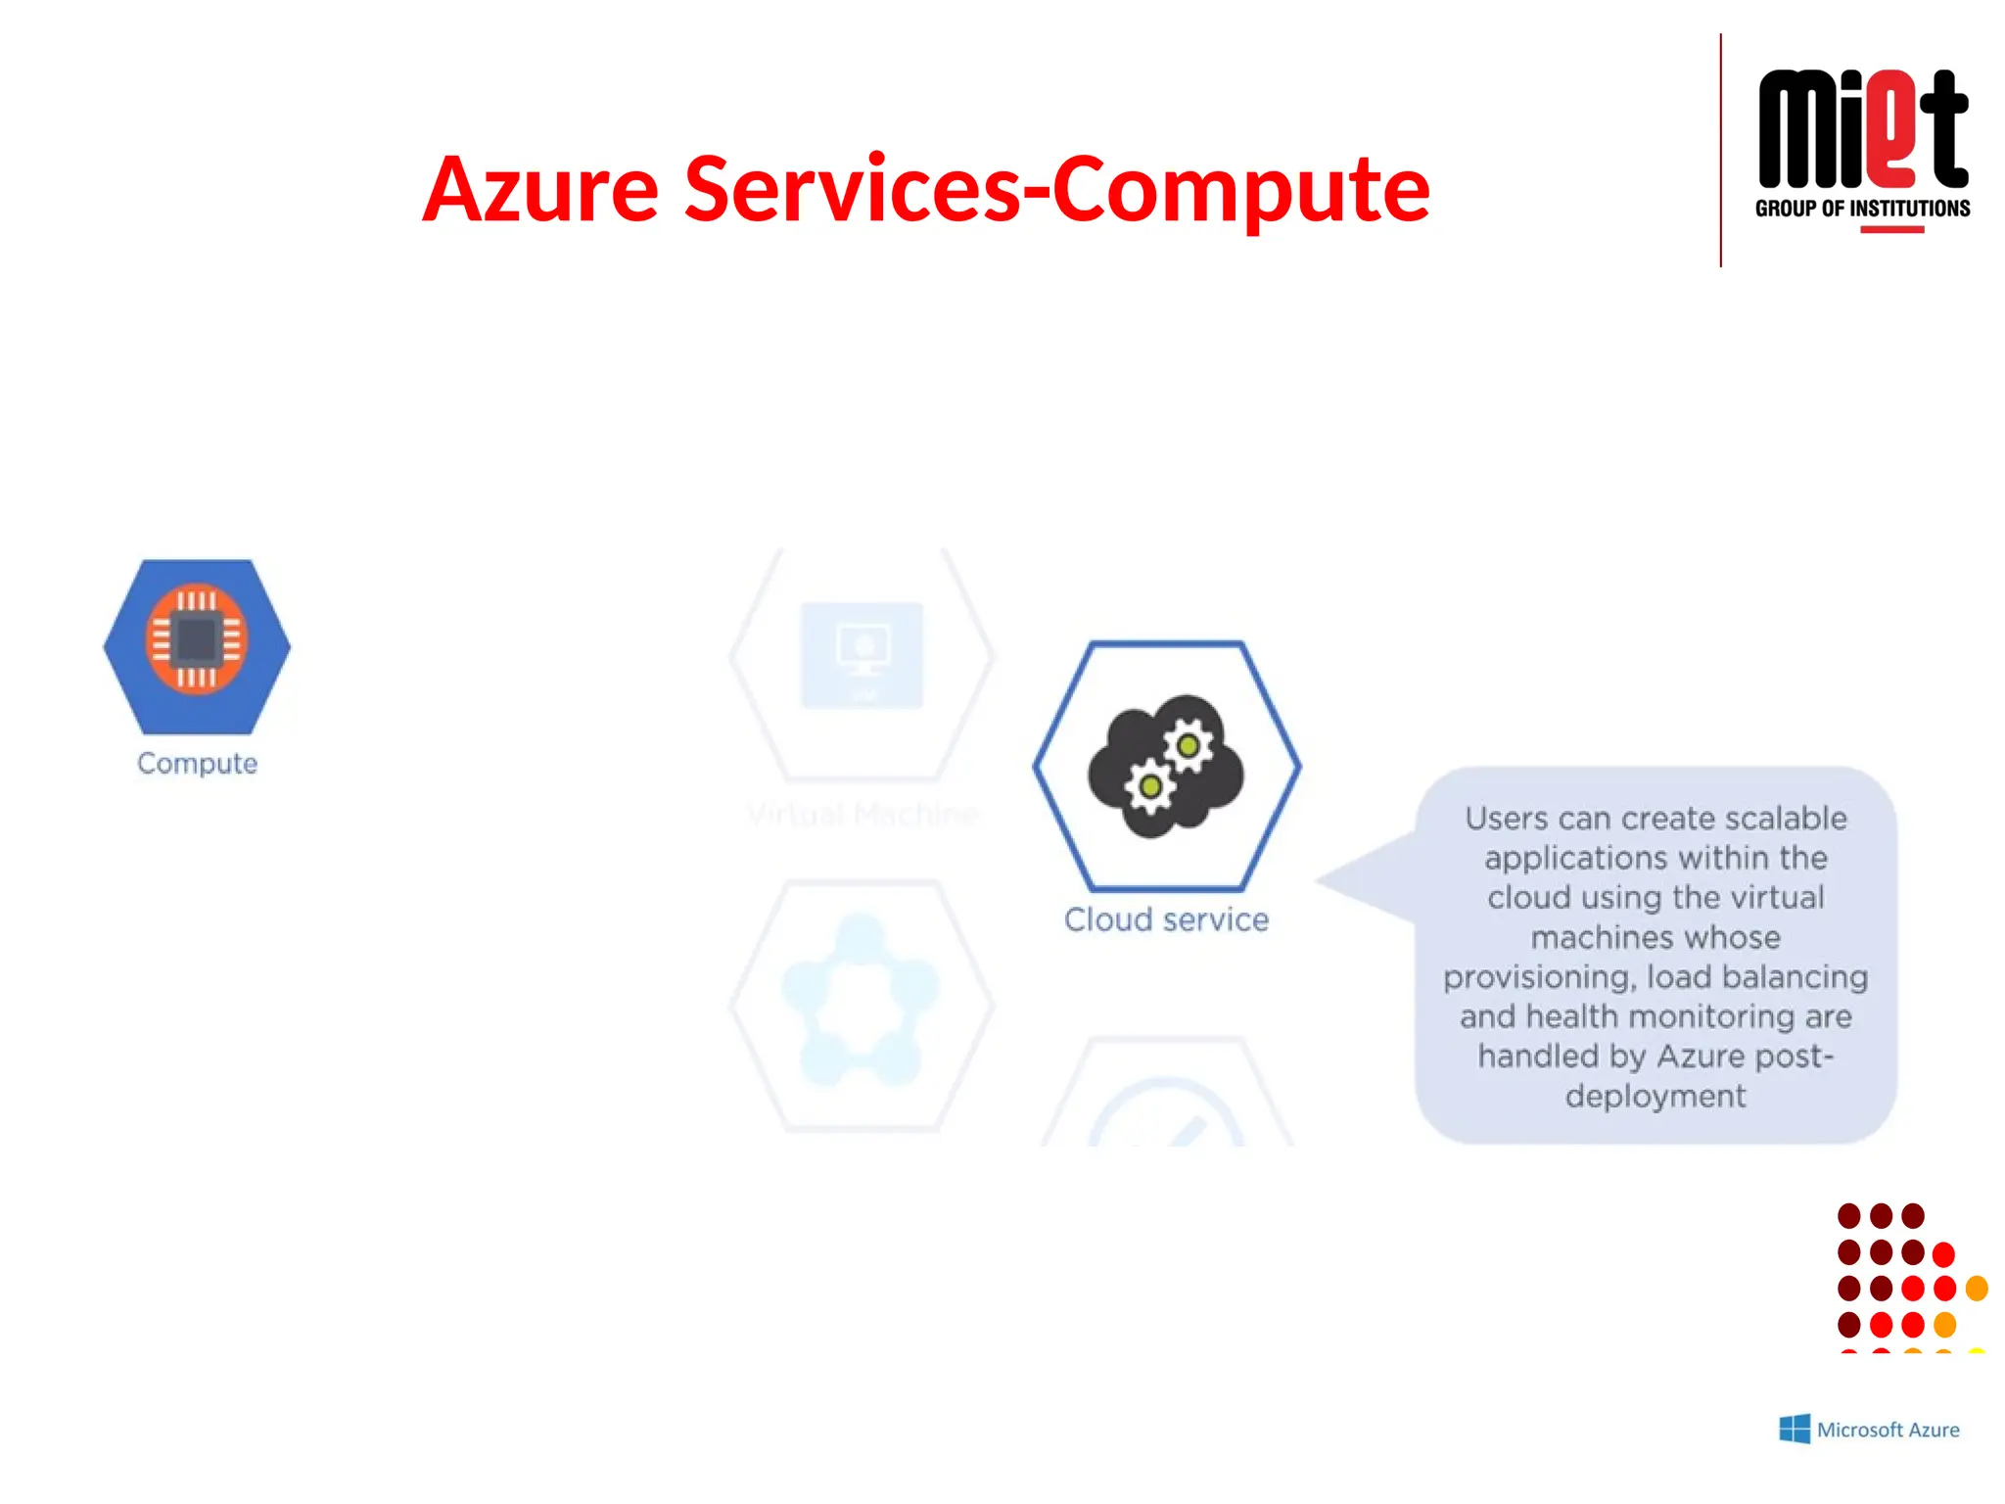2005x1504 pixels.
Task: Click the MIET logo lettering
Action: point(1862,129)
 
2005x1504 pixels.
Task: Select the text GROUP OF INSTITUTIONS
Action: point(1862,209)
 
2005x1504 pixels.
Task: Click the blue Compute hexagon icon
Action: point(197,645)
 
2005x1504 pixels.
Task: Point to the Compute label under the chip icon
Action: point(197,763)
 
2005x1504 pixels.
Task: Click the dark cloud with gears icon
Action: point(1165,766)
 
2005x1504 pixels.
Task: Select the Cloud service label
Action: point(1165,919)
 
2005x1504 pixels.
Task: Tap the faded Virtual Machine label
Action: point(862,814)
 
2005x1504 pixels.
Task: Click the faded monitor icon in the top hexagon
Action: point(862,652)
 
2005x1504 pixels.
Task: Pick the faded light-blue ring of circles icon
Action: point(860,1000)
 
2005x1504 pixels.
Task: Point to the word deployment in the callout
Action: point(1655,1096)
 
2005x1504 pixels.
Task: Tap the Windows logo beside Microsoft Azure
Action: point(1794,1429)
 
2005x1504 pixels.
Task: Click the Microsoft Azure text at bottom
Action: point(1888,1430)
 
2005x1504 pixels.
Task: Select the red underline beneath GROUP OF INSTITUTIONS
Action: point(1891,230)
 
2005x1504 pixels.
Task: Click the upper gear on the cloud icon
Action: point(1188,746)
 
